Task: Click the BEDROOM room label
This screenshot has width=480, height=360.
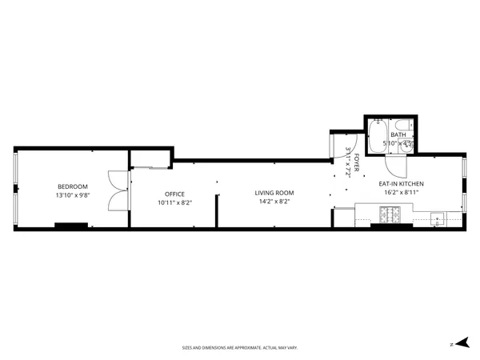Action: (72, 186)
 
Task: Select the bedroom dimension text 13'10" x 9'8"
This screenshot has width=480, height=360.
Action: (72, 195)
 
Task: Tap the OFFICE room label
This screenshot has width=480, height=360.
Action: (174, 194)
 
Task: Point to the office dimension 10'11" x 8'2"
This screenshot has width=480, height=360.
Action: (174, 202)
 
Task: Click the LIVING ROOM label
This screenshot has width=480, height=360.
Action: (274, 193)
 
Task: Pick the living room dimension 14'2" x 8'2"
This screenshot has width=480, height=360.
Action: (274, 202)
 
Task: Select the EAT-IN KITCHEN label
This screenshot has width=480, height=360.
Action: (401, 184)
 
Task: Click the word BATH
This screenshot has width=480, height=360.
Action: (398, 134)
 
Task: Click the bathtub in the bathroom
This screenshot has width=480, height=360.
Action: (378, 136)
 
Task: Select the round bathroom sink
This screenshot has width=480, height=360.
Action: (406, 146)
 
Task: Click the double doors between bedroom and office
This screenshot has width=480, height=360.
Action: (118, 192)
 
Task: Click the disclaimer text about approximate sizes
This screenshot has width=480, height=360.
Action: (240, 348)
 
